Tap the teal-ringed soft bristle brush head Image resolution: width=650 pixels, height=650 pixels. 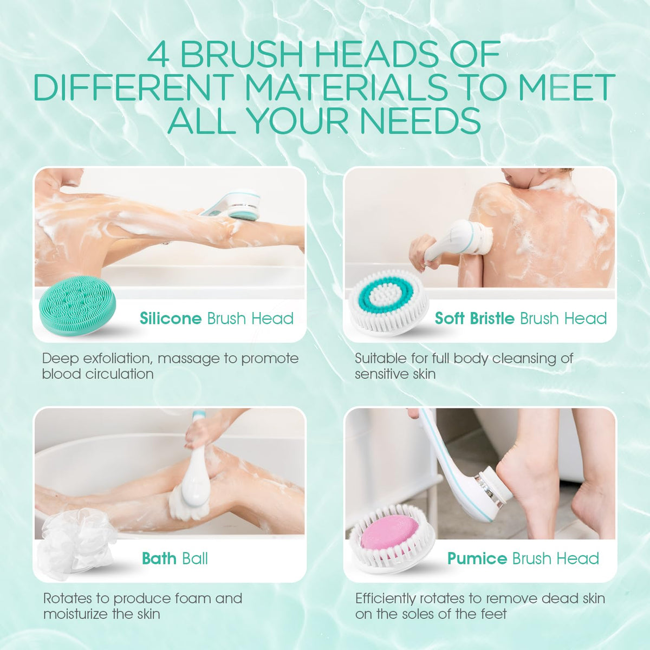[388, 303]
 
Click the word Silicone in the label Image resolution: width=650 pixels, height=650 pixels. [171, 318]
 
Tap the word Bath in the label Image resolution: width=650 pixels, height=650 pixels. [159, 558]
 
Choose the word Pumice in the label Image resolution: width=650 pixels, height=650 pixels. [477, 558]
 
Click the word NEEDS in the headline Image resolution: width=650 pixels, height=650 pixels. [421, 120]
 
